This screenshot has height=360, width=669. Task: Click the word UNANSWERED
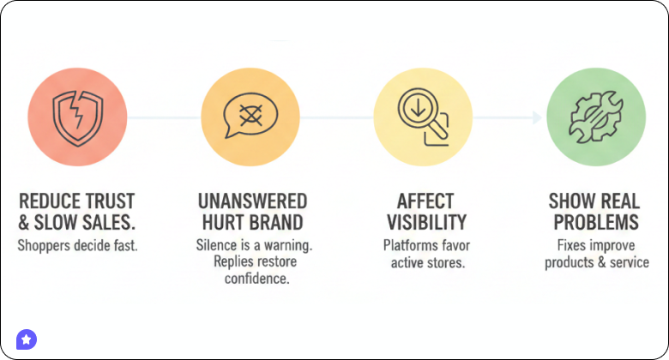251,201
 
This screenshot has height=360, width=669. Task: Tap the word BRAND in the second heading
279,224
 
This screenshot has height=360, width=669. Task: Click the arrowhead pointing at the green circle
536,117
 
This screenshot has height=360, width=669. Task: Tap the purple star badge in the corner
27,339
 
